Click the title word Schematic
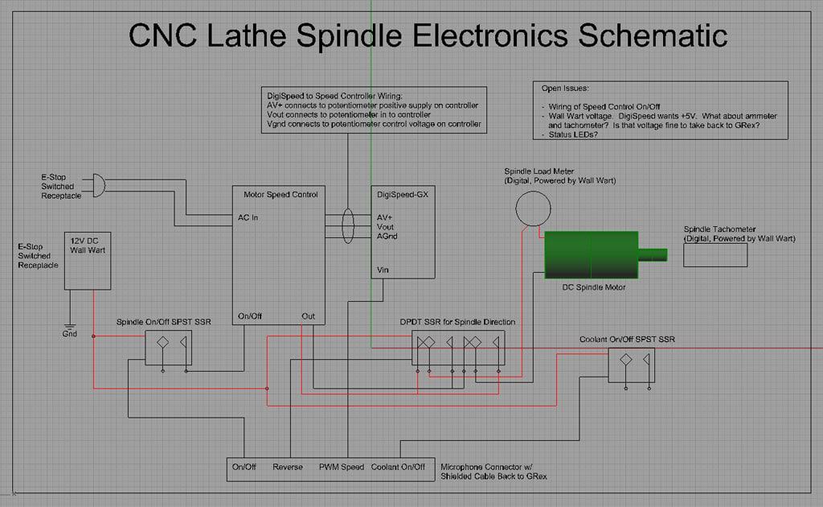tap(653, 35)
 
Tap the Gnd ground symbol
tap(70, 327)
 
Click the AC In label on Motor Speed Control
tap(248, 217)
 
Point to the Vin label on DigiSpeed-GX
tap(383, 270)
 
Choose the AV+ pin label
tap(384, 217)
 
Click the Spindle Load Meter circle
tap(534, 208)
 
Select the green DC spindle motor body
tap(591, 255)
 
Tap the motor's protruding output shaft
tap(653, 255)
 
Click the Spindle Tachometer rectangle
tap(714, 254)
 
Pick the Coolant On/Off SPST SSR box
tap(631, 365)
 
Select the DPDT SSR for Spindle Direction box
tap(460, 347)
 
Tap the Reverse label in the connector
tap(287, 468)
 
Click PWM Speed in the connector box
tap(341, 468)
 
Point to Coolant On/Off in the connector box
tap(398, 468)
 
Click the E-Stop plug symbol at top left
tap(96, 185)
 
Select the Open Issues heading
tap(565, 89)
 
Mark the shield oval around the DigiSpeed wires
tap(347, 226)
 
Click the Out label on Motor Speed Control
tap(308, 316)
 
